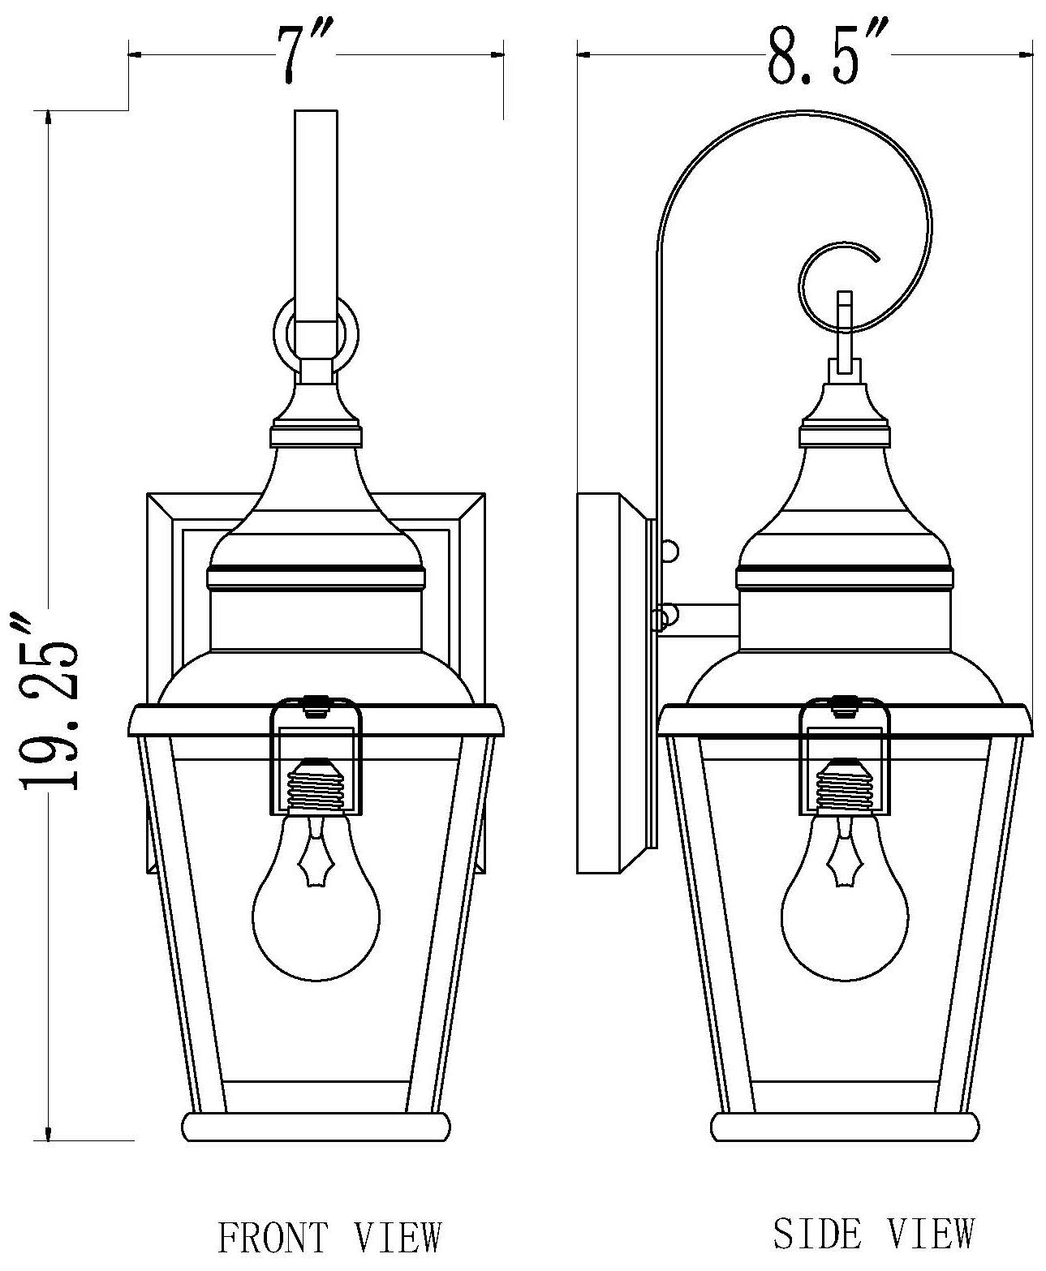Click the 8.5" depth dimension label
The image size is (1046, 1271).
point(813,55)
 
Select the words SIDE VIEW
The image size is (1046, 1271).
point(873,1233)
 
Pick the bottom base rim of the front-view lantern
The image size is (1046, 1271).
point(316,1127)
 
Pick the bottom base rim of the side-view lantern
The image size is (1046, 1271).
point(844,1127)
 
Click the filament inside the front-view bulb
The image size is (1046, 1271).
point(315,861)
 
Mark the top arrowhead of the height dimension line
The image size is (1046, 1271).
point(50,118)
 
